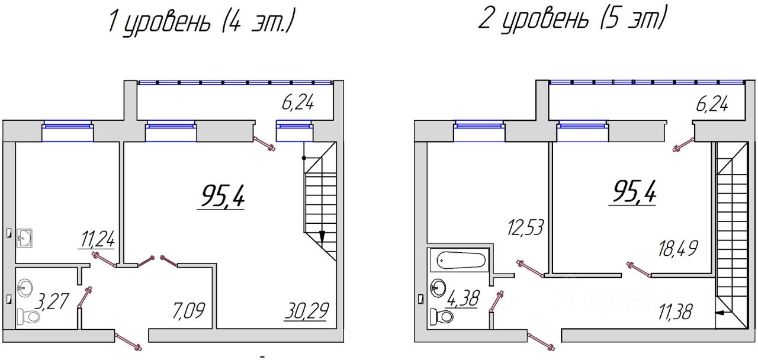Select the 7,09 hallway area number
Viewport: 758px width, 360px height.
[188, 311]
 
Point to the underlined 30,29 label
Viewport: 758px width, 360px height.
[306, 311]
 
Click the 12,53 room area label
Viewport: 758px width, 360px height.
[525, 227]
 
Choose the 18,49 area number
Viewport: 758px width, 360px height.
[678, 249]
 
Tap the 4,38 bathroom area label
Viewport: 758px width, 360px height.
[463, 298]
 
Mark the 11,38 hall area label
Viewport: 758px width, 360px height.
[675, 311]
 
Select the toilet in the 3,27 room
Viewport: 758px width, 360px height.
[28, 317]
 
